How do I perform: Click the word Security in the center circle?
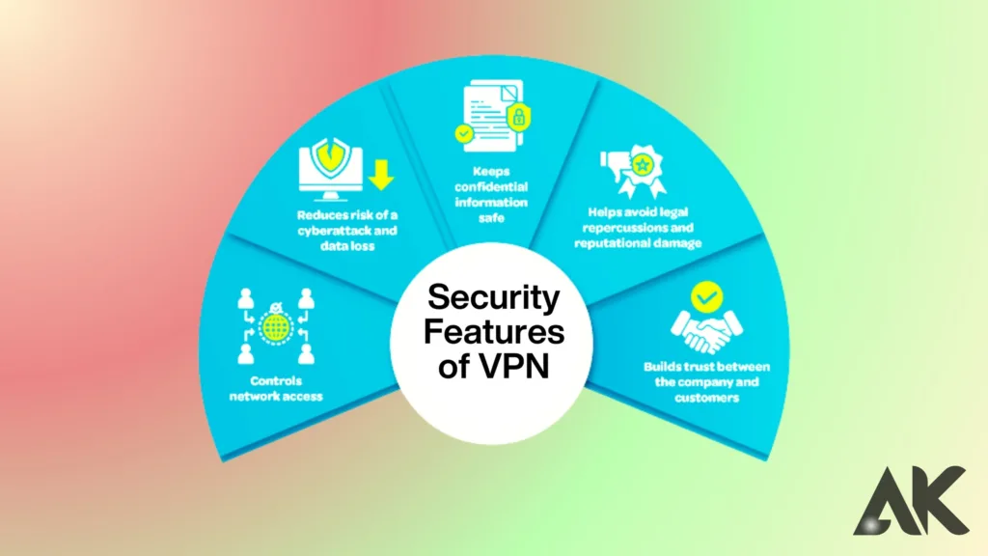tap(493, 297)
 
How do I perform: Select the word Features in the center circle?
tap(493, 332)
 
